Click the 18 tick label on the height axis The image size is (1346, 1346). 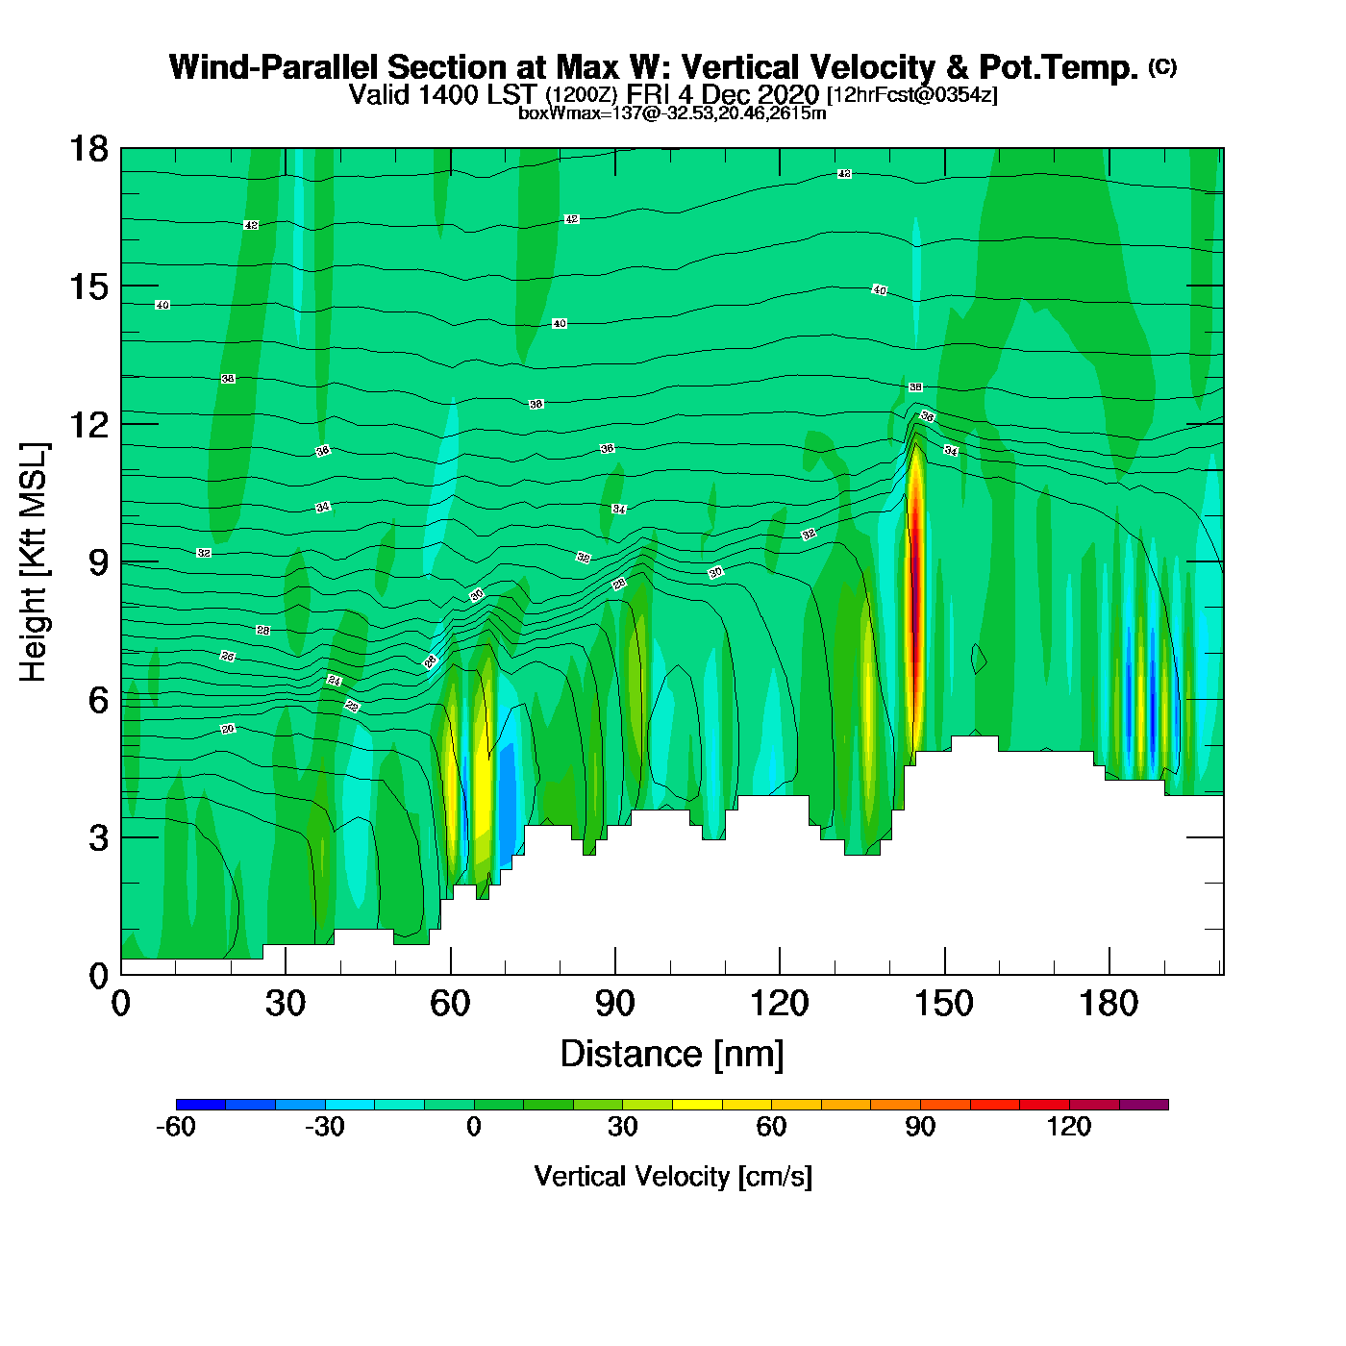[87, 149]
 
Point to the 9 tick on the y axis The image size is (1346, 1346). [98, 562]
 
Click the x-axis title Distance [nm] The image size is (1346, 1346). [672, 1055]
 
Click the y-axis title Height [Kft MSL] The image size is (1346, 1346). [34, 562]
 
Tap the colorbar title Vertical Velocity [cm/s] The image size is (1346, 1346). [673, 1177]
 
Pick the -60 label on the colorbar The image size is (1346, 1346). [176, 1128]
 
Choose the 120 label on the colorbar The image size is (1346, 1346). [1069, 1128]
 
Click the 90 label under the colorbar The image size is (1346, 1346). [920, 1128]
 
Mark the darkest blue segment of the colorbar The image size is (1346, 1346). [201, 1105]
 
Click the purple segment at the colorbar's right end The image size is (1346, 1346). [1144, 1105]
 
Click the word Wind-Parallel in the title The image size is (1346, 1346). [275, 68]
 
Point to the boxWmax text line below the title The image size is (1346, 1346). [672, 113]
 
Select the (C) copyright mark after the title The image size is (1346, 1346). [1162, 66]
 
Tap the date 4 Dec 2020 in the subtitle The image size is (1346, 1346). [759, 94]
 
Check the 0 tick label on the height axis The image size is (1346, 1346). [98, 976]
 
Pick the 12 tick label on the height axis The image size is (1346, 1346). [87, 424]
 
